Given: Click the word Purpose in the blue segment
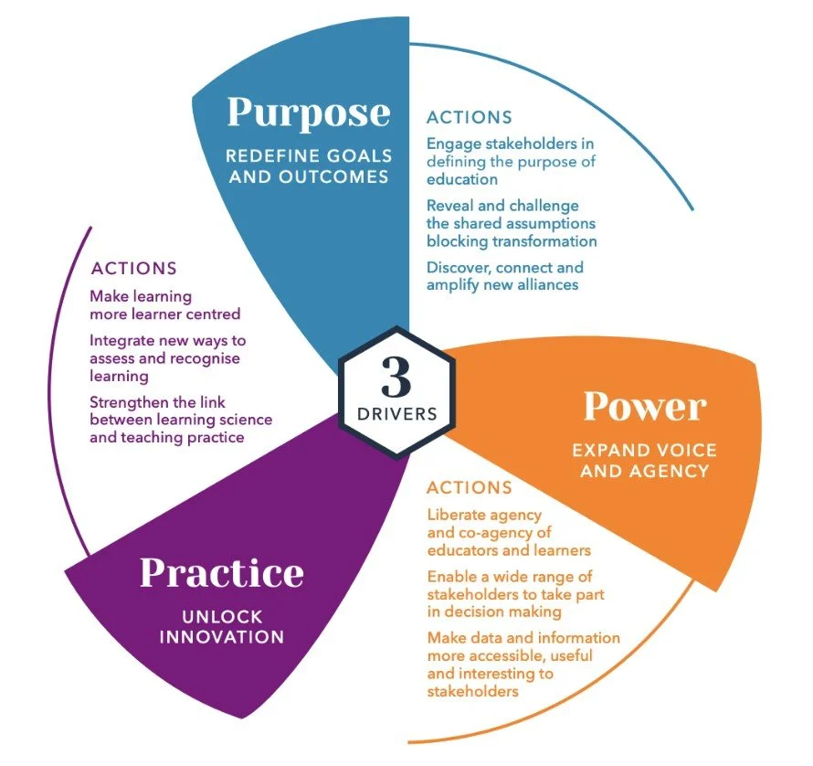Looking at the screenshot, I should pyautogui.click(x=308, y=113).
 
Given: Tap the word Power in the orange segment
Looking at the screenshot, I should pyautogui.click(x=645, y=407).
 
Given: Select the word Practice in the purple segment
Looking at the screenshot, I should pyautogui.click(x=222, y=573).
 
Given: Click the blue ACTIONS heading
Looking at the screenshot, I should pyautogui.click(x=470, y=118).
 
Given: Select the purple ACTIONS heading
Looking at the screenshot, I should pyautogui.click(x=133, y=269).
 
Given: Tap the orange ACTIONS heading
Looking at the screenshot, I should pyautogui.click(x=470, y=487).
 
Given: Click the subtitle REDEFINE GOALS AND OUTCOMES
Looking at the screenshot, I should pyautogui.click(x=308, y=165).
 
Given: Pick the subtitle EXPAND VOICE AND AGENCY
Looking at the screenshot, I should pyautogui.click(x=644, y=461).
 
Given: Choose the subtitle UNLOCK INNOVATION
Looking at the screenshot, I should pyautogui.click(x=222, y=625).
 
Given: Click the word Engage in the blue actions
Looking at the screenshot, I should pyautogui.click(x=453, y=144).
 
